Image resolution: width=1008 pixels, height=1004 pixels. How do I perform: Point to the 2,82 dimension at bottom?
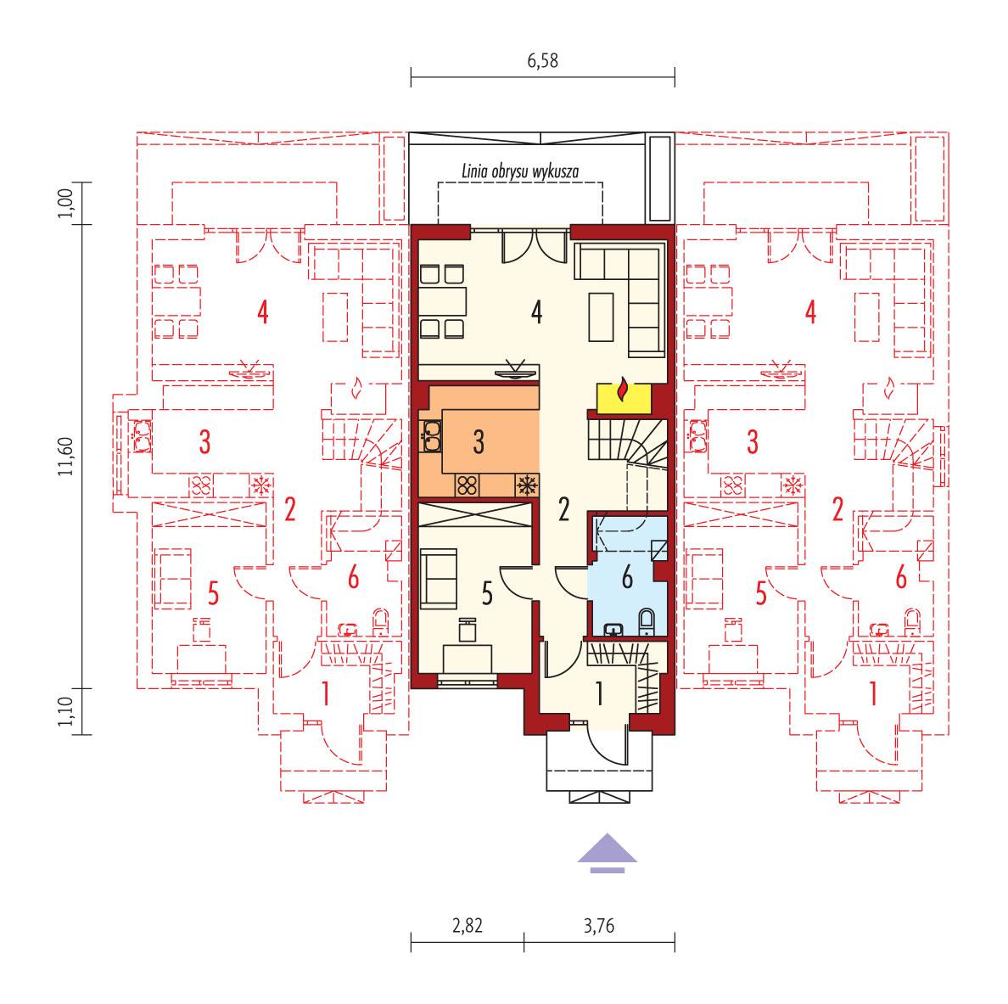coord(468,924)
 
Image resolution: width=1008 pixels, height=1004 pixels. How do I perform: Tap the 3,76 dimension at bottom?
coord(599,924)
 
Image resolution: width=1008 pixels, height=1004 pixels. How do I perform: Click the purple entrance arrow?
coord(608,851)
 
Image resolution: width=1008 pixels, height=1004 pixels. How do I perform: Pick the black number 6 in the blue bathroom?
coord(627,578)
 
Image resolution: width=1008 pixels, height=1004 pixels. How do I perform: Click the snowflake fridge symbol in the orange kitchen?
coord(526,485)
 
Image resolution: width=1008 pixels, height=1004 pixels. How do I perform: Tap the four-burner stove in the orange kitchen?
coord(467,485)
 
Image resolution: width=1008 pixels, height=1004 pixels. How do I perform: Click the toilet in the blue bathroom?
coord(647,620)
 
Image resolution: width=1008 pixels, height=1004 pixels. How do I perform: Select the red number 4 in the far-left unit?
coord(263,312)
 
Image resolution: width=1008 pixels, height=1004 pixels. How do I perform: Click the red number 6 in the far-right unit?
coord(900,578)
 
